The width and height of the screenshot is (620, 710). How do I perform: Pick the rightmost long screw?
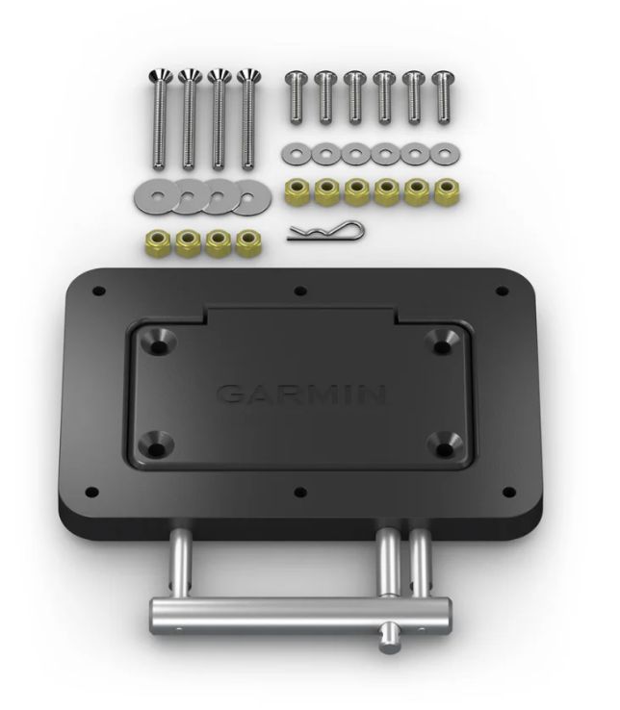[x=250, y=120]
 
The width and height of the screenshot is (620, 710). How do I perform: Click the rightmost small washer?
[x=443, y=153]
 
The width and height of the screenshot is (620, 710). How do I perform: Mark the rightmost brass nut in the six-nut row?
[x=445, y=189]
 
